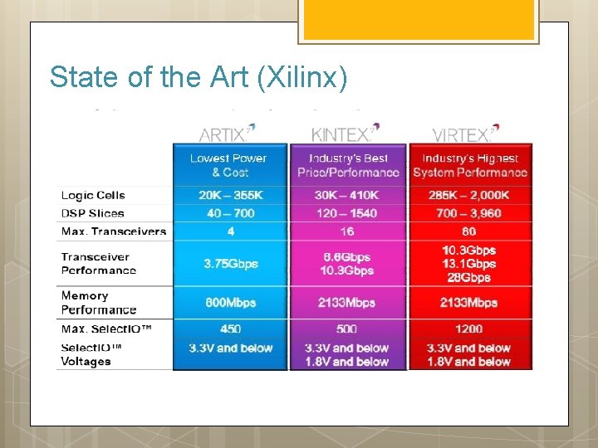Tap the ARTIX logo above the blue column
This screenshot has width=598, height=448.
227,133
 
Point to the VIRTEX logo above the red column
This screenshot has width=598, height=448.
466,133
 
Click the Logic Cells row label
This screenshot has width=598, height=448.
93,196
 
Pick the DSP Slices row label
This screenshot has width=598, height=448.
92,213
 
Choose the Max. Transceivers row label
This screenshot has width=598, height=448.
113,231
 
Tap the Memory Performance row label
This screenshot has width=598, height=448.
98,303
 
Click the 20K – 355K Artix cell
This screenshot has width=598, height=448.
230,195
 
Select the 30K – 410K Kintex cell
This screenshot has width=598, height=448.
347,195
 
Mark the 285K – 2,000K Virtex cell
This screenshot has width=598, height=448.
468,195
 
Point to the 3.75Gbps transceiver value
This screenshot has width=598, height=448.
231,264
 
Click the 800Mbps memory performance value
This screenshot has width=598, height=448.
231,303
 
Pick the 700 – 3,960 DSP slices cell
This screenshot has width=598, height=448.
468,213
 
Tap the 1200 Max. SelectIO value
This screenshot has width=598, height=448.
469,329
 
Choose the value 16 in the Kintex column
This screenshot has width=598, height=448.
347,231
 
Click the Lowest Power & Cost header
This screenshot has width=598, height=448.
229,165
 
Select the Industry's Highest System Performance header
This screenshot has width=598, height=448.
469,165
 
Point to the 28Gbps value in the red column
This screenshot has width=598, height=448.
469,278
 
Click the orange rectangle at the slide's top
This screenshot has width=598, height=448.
418,20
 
